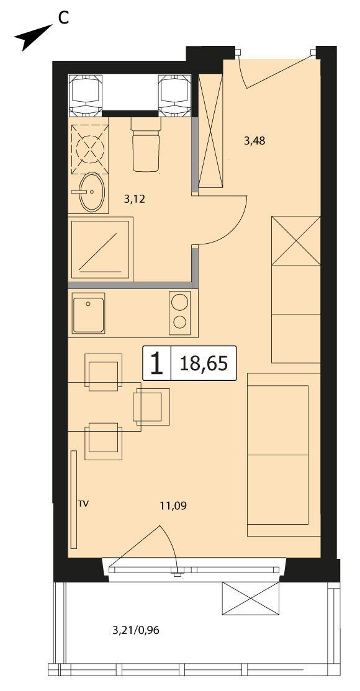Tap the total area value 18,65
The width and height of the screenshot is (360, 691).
(204, 363)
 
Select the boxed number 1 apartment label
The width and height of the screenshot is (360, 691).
(156, 363)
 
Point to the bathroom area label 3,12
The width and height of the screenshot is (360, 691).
(135, 199)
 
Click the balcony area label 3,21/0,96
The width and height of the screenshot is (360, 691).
(136, 631)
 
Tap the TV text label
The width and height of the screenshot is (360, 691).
(83, 503)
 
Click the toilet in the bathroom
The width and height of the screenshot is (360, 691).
(145, 145)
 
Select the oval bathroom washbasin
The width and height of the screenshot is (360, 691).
(92, 192)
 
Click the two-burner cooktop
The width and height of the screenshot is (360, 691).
(179, 312)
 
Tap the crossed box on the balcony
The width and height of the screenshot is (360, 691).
(251, 598)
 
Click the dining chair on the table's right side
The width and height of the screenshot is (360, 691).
(151, 406)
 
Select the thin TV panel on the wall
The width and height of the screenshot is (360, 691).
(74, 499)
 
